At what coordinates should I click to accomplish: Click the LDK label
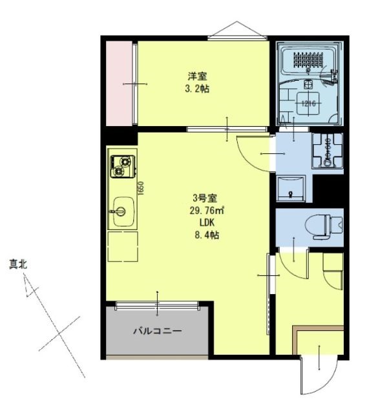click(x=206, y=222)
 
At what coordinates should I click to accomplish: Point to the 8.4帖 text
click(x=207, y=235)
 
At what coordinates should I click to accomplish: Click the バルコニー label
click(x=157, y=332)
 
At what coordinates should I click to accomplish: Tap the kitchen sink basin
click(x=120, y=211)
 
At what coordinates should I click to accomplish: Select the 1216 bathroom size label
click(x=308, y=101)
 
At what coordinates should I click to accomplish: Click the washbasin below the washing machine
click(x=292, y=188)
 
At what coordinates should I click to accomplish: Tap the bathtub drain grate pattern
click(x=310, y=59)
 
